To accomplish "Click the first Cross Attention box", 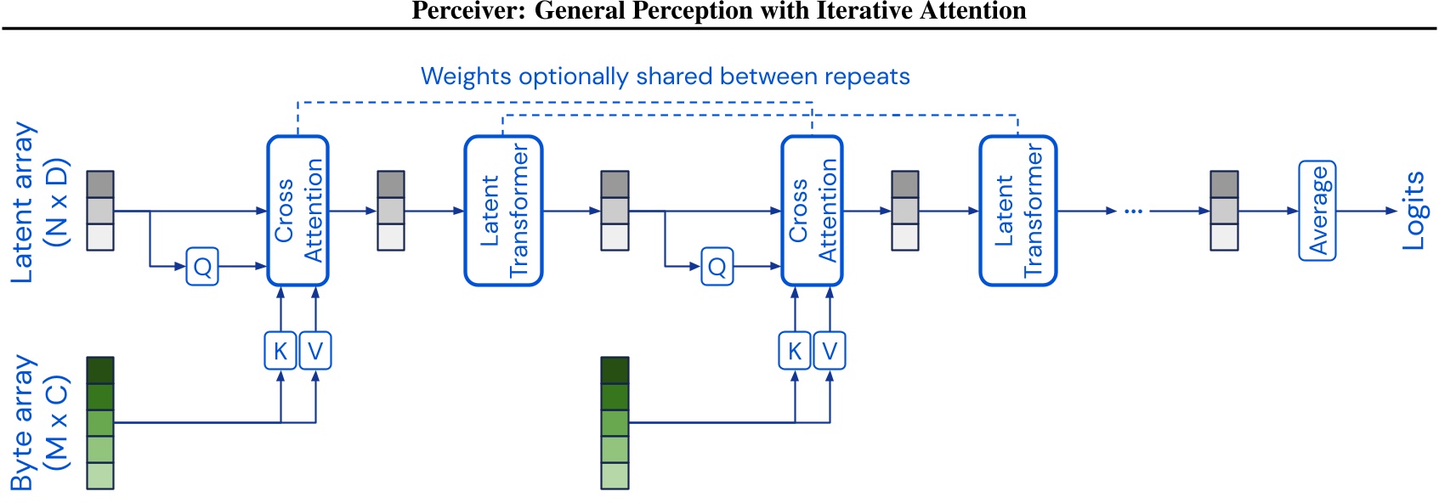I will (297, 211).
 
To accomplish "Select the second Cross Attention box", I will (812, 211).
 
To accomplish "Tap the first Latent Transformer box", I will (503, 211).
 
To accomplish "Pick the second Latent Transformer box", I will (1017, 211).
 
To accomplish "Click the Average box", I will (1317, 211).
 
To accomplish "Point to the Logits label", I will (1413, 211).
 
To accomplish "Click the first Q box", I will (202, 267).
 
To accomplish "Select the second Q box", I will (717, 267).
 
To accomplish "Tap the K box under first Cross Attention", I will (280, 351).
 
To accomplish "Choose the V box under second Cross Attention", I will (830, 351).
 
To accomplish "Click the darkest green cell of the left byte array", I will (100, 370).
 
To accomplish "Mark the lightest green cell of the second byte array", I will (615, 476).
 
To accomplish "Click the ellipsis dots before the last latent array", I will (1133, 211).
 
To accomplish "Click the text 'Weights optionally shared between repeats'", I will (665, 76).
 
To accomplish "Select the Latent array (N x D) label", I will (38, 202).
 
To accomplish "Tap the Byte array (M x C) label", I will (38, 422).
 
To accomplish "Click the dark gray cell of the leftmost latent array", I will (100, 184).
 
